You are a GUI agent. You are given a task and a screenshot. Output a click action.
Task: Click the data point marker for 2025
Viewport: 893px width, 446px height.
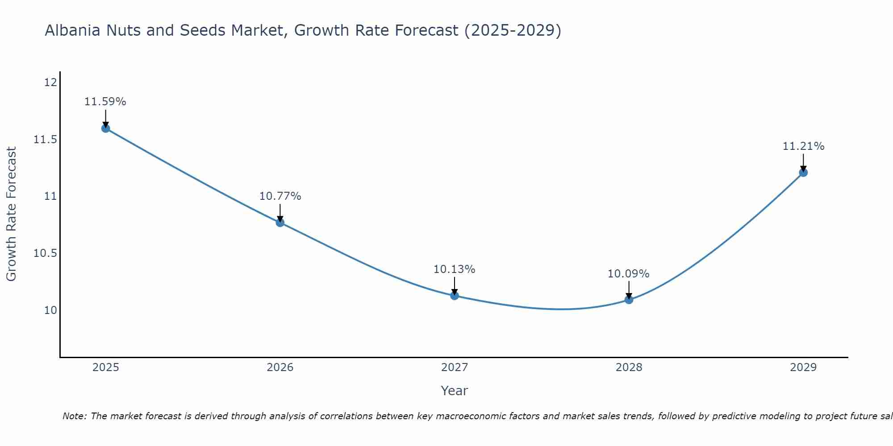(x=106, y=128)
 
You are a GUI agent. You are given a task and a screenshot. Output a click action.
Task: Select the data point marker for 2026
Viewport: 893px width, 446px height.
(x=280, y=223)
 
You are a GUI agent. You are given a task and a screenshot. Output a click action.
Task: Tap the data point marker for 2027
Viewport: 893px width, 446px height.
(x=455, y=295)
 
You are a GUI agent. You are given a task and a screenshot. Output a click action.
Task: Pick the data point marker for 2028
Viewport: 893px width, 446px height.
(x=629, y=300)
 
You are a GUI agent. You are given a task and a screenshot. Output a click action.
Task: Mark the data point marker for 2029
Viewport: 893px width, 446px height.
(x=803, y=173)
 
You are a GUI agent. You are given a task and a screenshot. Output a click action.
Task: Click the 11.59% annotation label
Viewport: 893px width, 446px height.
(x=105, y=102)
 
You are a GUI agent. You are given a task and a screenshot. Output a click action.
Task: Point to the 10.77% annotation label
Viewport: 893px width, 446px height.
(x=280, y=196)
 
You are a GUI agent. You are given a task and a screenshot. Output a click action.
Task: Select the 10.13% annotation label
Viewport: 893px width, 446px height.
(x=455, y=269)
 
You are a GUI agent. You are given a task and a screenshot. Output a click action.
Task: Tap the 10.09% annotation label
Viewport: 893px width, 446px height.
(x=628, y=274)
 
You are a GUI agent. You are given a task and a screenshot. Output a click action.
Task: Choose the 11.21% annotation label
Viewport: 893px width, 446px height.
(x=803, y=146)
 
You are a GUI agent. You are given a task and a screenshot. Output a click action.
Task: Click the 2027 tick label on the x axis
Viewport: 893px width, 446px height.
(x=455, y=368)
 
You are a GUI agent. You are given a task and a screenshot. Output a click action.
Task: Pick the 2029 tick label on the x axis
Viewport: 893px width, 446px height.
(x=803, y=368)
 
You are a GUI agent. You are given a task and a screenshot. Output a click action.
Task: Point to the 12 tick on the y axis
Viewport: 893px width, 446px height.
(x=51, y=83)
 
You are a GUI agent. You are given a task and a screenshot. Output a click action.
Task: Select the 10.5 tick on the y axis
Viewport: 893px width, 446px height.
(x=46, y=253)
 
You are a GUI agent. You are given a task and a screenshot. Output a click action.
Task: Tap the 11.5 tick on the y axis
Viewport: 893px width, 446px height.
(x=46, y=140)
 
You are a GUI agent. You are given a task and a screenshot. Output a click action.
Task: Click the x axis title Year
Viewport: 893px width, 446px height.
(x=455, y=391)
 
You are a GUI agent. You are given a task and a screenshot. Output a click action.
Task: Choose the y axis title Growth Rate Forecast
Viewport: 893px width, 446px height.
(x=12, y=214)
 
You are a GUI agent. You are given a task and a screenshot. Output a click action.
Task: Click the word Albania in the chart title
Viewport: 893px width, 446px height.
(x=73, y=30)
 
